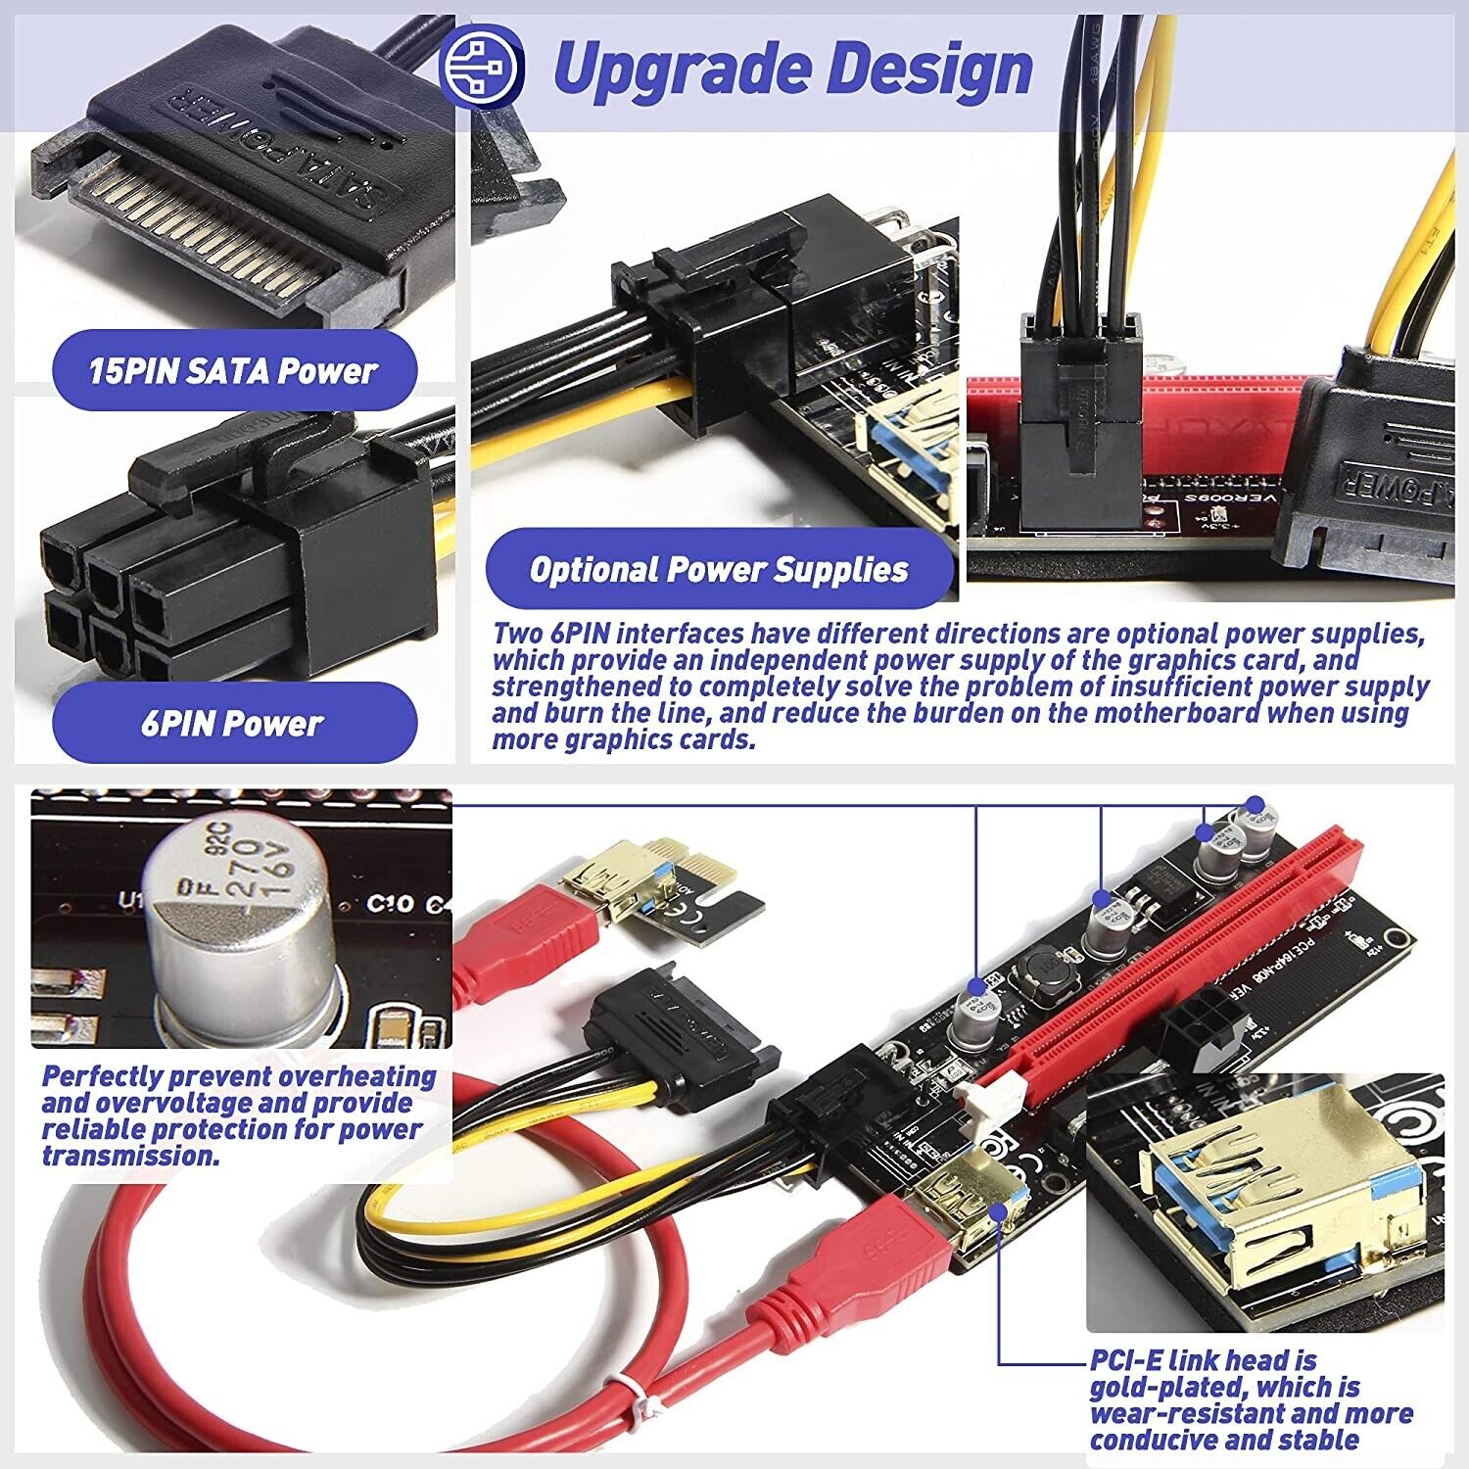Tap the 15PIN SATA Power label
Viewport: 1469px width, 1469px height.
click(x=233, y=371)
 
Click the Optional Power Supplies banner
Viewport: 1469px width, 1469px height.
click(x=719, y=569)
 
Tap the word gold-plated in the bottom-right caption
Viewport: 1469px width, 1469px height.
click(x=1164, y=1387)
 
